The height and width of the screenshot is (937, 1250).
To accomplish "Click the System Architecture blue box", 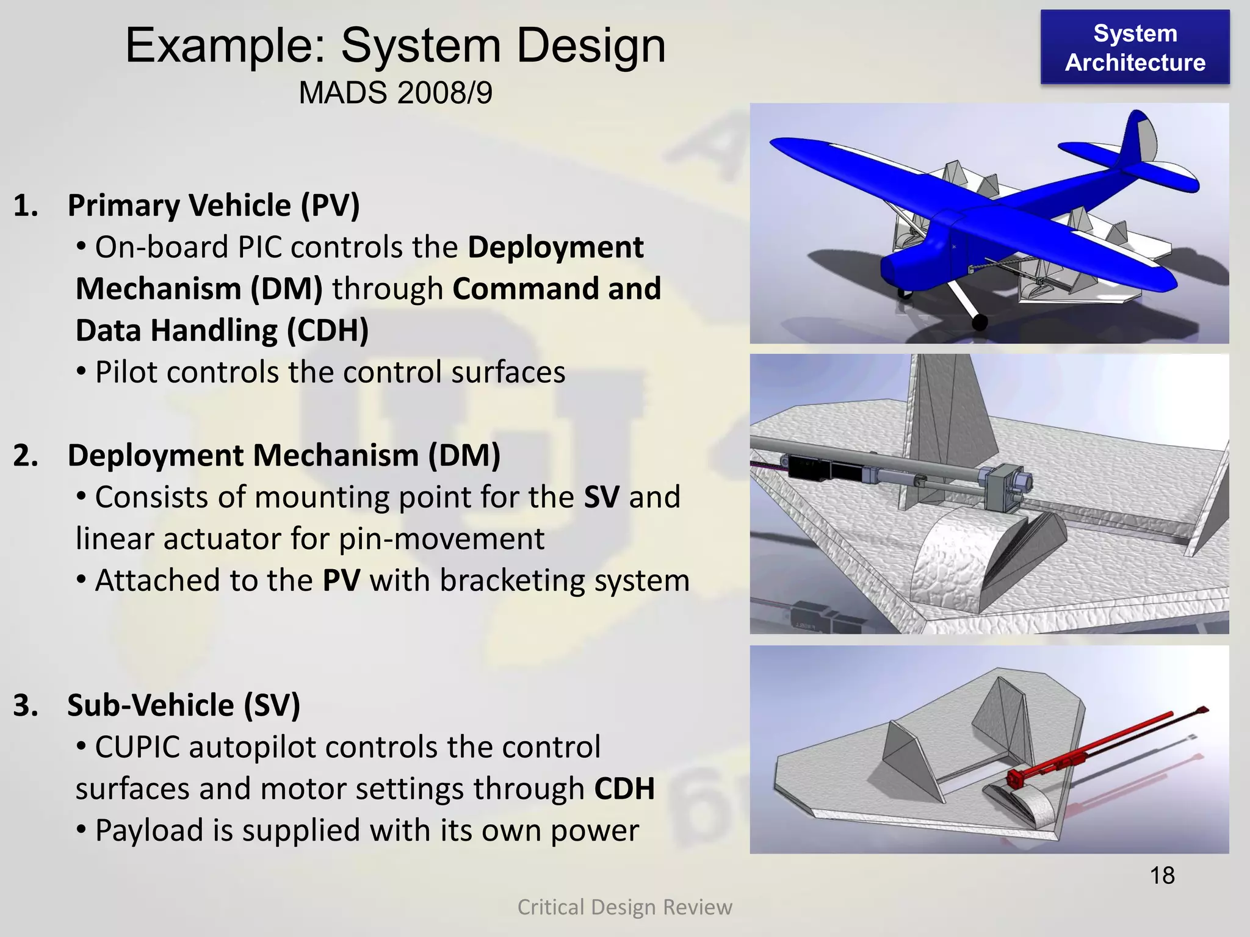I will (x=1135, y=48).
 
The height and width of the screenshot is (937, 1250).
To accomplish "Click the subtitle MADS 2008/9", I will (x=396, y=93).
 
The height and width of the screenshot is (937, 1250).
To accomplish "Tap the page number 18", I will (x=1162, y=875).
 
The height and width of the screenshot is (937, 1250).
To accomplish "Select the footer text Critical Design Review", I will (x=624, y=907).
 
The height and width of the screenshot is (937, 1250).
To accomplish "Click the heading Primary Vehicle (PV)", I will (x=214, y=206).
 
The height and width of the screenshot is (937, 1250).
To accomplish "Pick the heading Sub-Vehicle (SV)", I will (x=184, y=705).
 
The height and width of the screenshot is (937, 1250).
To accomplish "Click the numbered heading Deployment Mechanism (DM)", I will (x=284, y=456).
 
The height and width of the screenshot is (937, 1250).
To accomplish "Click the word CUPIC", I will (x=137, y=747).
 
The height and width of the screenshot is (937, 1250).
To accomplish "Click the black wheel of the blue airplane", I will (x=979, y=322).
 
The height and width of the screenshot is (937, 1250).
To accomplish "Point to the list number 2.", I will (x=25, y=456).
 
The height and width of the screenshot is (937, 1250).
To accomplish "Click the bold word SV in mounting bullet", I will (x=602, y=497).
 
